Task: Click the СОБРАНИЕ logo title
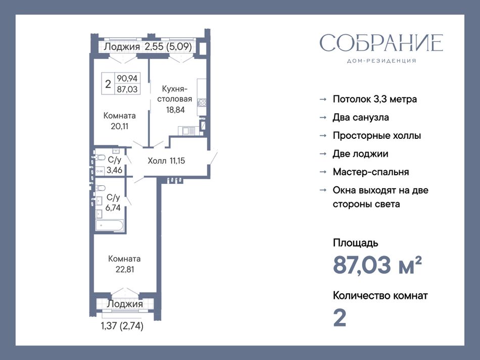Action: (x=381, y=42)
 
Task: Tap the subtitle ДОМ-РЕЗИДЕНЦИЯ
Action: (x=381, y=61)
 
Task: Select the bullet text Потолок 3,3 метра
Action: (x=375, y=99)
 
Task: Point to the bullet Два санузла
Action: (x=361, y=118)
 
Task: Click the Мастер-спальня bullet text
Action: (x=371, y=172)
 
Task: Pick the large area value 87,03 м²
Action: (x=377, y=265)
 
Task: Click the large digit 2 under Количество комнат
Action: (x=340, y=318)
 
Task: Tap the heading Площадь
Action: (x=355, y=243)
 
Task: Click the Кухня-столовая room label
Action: (x=175, y=94)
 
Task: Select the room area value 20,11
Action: (x=119, y=126)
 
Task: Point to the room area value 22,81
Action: (x=125, y=270)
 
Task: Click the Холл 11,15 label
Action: (x=166, y=161)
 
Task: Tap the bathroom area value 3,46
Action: (x=114, y=170)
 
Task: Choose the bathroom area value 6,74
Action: (x=113, y=208)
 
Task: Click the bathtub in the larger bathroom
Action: (x=110, y=226)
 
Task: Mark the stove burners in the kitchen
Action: (x=202, y=103)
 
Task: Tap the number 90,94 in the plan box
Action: (x=127, y=78)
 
